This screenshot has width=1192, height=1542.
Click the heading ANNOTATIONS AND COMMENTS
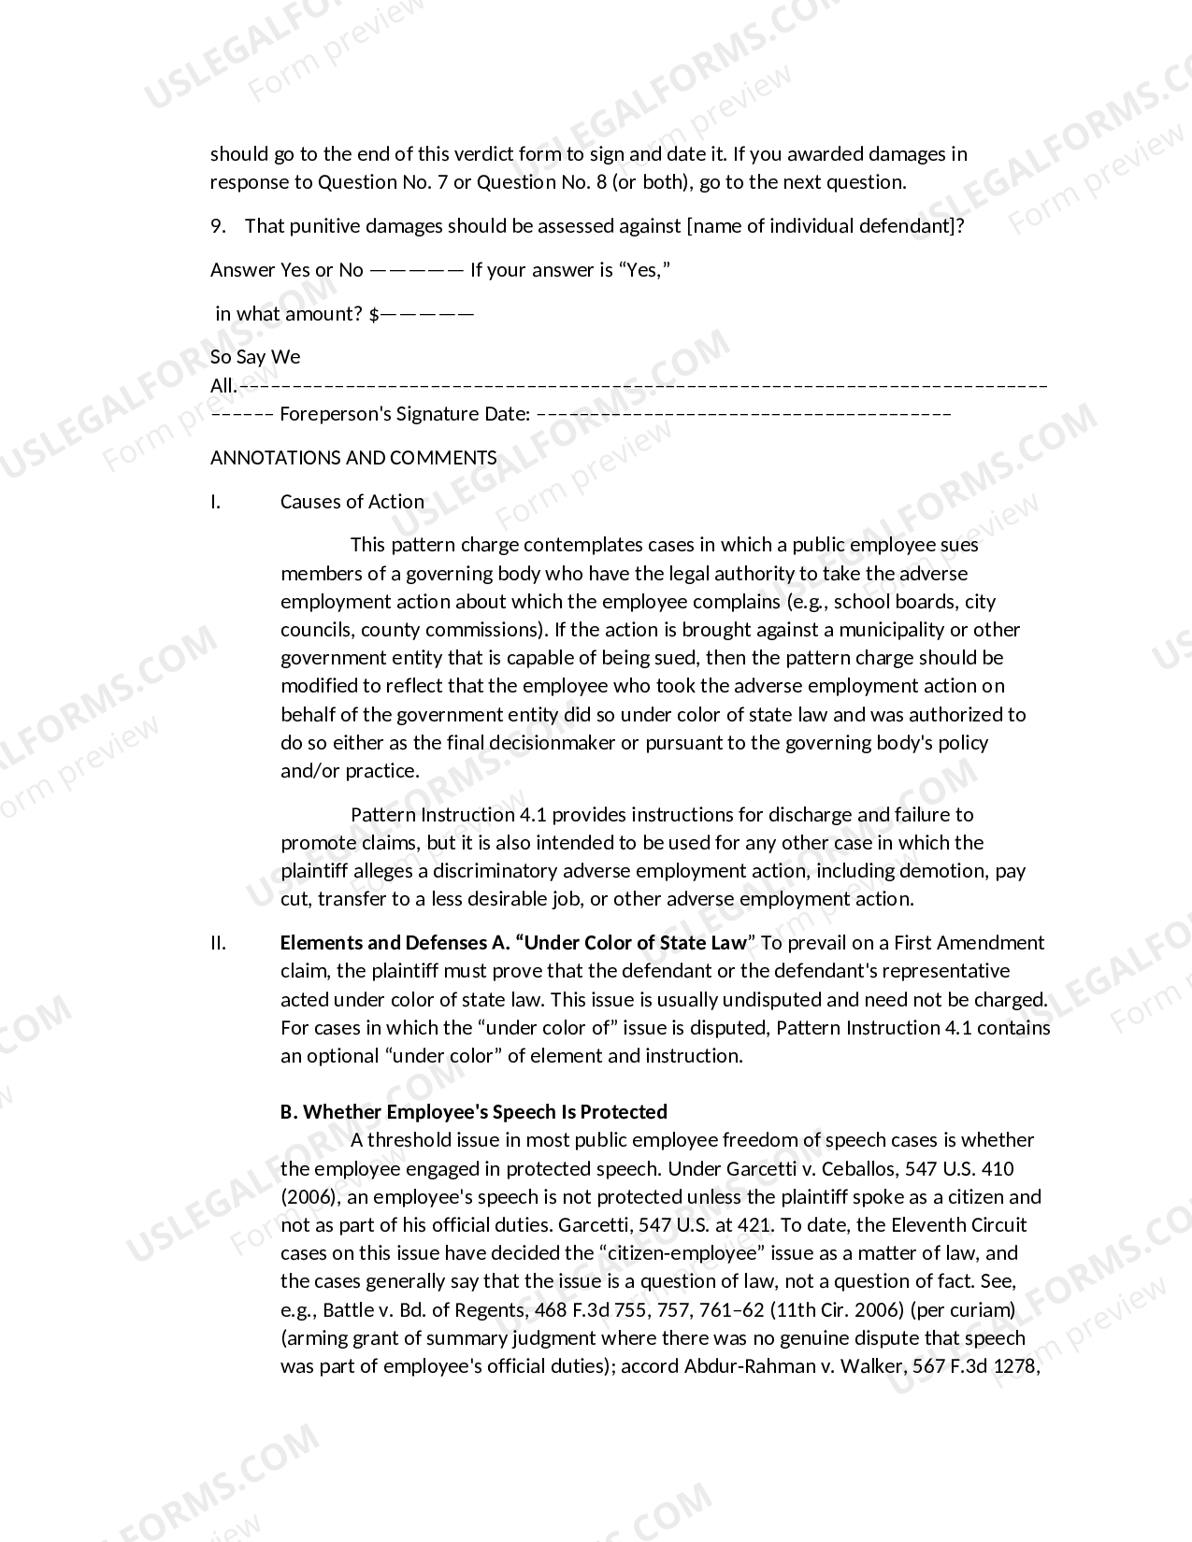(353, 458)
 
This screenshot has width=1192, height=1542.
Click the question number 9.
(216, 226)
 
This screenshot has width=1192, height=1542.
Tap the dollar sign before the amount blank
(374, 314)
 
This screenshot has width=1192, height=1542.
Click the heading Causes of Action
(352, 502)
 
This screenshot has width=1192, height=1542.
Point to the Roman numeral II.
(218, 943)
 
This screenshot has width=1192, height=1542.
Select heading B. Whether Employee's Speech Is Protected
(474, 1112)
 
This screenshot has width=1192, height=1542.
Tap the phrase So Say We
(255, 357)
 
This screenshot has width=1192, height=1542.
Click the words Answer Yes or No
(286, 270)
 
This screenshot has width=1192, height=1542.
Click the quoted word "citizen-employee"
(682, 1253)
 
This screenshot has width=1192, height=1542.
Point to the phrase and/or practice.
(350, 771)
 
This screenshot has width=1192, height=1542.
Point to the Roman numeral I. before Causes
(216, 502)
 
